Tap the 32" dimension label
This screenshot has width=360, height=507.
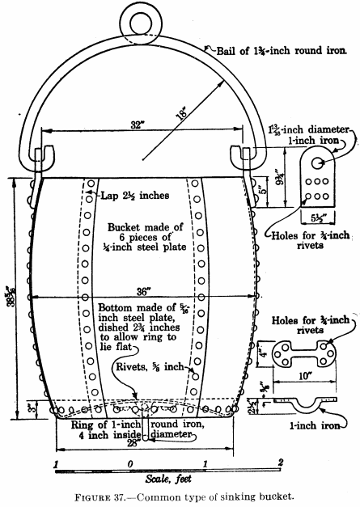pos(137,125)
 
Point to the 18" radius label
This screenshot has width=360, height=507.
pos(182,112)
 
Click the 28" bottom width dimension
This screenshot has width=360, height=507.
pos(133,443)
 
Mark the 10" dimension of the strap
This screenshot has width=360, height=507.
pos(305,376)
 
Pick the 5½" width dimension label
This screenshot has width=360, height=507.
pos(318,218)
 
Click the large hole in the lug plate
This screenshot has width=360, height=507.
pos(317,163)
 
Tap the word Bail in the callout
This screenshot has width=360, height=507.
pos(227,51)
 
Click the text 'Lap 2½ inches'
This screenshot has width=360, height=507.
pos(135,196)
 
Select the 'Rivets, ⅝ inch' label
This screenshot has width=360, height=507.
pos(150,367)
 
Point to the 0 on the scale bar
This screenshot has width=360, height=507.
pos(130,464)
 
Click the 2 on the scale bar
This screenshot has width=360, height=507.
pos(281,463)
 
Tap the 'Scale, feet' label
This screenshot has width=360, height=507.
pos(168,479)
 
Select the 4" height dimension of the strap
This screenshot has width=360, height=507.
pos(265,353)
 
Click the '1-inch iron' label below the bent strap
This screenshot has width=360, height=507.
pos(315,425)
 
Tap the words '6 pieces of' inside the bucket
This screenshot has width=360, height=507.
pos(146,238)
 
